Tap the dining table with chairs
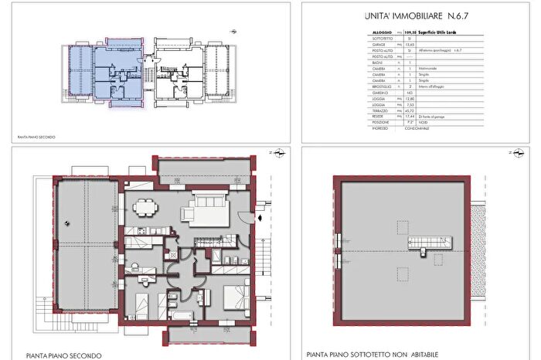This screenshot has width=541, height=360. pyautogui.click(x=144, y=207)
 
